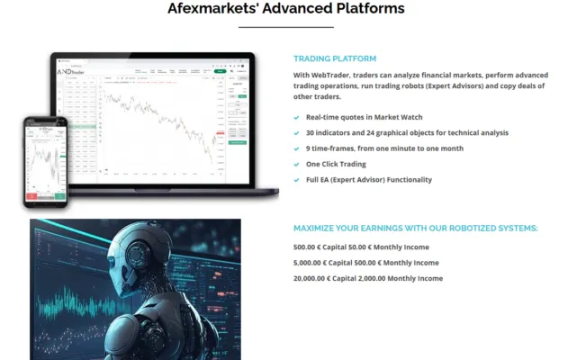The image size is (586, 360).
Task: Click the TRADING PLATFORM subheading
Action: click(x=335, y=58)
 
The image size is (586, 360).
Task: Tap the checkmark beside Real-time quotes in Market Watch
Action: click(x=298, y=117)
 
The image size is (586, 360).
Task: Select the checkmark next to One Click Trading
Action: click(x=298, y=164)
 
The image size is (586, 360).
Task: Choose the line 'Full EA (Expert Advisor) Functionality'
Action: click(x=369, y=180)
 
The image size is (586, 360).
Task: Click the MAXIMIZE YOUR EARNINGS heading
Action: click(x=415, y=228)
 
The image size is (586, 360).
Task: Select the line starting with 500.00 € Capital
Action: click(x=360, y=247)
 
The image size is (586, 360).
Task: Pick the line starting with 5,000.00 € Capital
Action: click(x=365, y=263)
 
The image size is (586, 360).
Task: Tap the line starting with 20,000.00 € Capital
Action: click(x=367, y=279)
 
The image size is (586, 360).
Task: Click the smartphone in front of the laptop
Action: click(x=45, y=158)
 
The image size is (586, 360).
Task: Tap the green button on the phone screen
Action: click(x=59, y=195)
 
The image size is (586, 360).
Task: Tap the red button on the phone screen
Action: click(x=32, y=195)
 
